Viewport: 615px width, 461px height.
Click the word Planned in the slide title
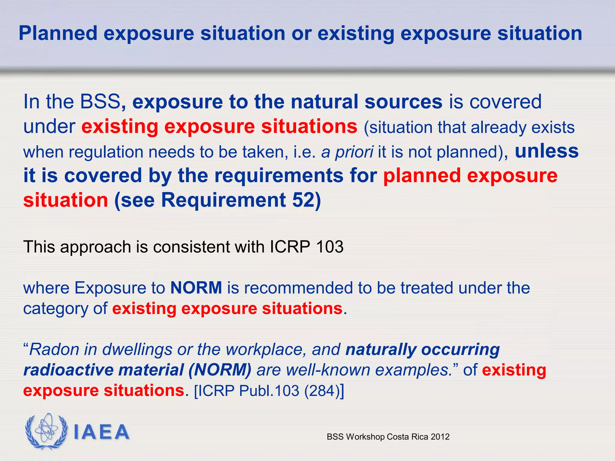58,33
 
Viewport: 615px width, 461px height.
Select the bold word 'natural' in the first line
324,102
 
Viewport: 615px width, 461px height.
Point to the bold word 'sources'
403,102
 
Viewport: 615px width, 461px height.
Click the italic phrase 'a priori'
347,152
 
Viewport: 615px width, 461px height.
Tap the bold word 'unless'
547,151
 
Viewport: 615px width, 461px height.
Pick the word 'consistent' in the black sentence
191,247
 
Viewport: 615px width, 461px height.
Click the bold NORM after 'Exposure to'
196,288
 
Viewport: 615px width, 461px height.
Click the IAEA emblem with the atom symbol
46,431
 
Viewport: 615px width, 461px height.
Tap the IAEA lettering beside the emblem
101,432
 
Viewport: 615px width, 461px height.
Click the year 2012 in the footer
440,437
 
